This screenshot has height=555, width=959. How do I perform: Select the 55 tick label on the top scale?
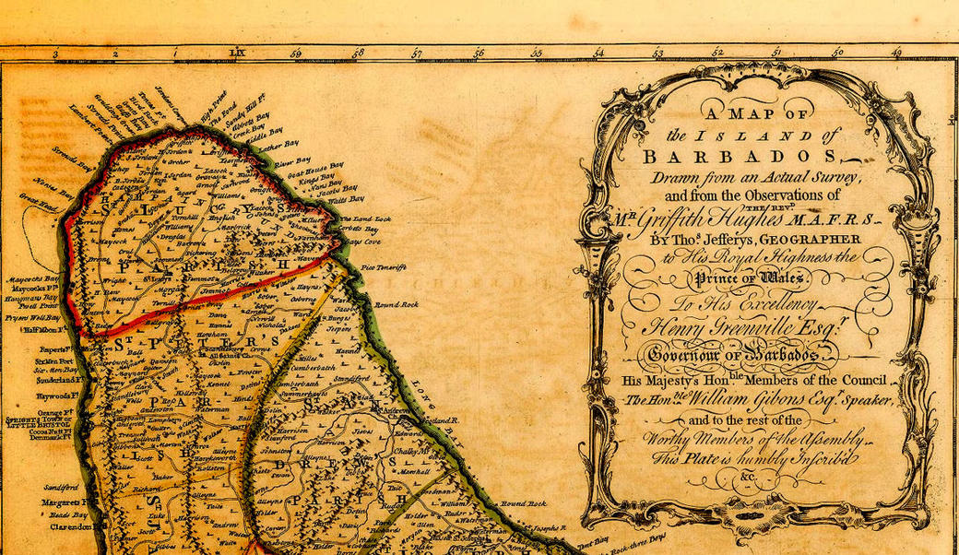coord(537,54)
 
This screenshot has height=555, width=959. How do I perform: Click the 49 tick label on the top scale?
coord(895,54)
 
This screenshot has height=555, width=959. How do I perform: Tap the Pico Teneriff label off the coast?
coord(385,266)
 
